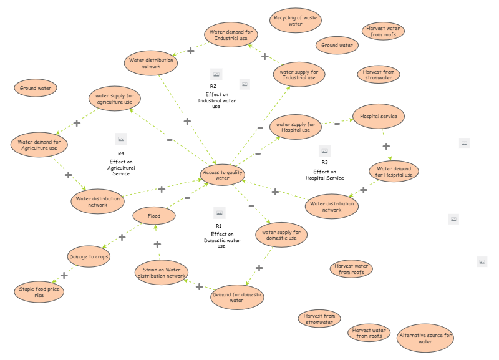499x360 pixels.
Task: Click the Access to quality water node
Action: point(223,175)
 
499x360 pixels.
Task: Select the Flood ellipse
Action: point(153,216)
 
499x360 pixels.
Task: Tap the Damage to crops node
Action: point(89,256)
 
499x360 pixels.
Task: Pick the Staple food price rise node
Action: point(39,291)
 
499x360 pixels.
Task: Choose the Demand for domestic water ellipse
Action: point(237,296)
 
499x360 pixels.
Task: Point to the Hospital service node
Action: point(379,116)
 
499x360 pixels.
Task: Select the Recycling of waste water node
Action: point(296,21)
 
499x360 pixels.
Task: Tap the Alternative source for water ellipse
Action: point(425,338)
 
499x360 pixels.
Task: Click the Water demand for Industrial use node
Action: point(231,34)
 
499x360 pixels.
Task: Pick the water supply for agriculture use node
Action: point(114,99)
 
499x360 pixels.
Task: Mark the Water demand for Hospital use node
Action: point(394,172)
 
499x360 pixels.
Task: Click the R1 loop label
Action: point(219,226)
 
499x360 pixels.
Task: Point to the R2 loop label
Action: point(213,87)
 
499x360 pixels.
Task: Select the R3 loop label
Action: point(324,163)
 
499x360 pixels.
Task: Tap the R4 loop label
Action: point(121,153)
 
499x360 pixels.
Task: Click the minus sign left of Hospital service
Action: point(337,124)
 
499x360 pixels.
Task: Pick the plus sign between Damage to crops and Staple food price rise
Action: point(64,275)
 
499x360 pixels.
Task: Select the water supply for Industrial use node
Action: point(299,74)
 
